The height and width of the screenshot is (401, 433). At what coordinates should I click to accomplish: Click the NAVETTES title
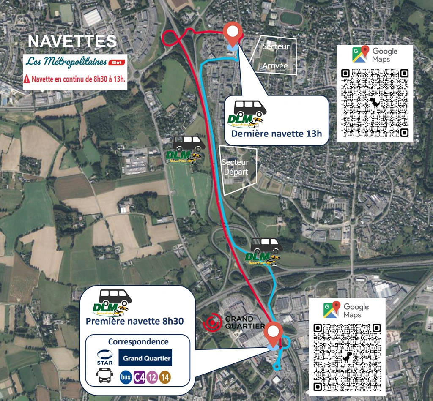(x=72, y=41)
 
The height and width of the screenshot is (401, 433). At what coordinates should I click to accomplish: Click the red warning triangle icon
(x=27, y=79)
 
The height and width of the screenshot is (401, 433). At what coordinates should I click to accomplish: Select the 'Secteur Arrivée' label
(x=275, y=56)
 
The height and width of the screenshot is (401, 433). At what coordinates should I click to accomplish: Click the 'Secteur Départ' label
(x=236, y=167)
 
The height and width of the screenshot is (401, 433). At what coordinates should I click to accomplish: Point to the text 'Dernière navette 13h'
(x=277, y=134)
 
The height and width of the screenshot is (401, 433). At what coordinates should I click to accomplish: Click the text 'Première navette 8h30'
(x=134, y=321)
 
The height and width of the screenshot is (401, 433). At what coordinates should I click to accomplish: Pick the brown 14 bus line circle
(x=165, y=377)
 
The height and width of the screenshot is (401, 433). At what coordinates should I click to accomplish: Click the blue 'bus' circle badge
(x=125, y=377)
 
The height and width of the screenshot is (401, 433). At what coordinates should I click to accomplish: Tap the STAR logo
(x=105, y=357)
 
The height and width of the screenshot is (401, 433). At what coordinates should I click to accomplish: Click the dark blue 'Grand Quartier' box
(x=145, y=358)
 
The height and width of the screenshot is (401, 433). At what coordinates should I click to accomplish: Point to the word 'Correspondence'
(x=138, y=342)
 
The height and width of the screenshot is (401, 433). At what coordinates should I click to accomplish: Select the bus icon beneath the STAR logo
(x=105, y=376)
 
